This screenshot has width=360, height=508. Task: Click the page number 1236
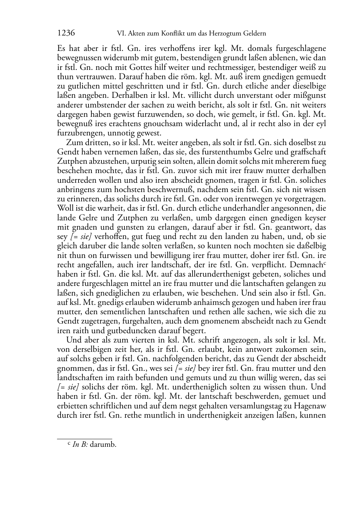coord(66,33)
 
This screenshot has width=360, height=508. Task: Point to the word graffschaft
coord(308,152)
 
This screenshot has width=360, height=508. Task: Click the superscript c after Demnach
coord(325,263)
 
